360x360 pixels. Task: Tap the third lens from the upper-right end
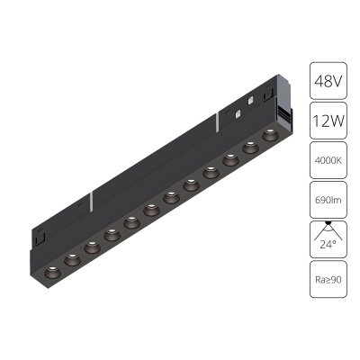coord(230,159)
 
